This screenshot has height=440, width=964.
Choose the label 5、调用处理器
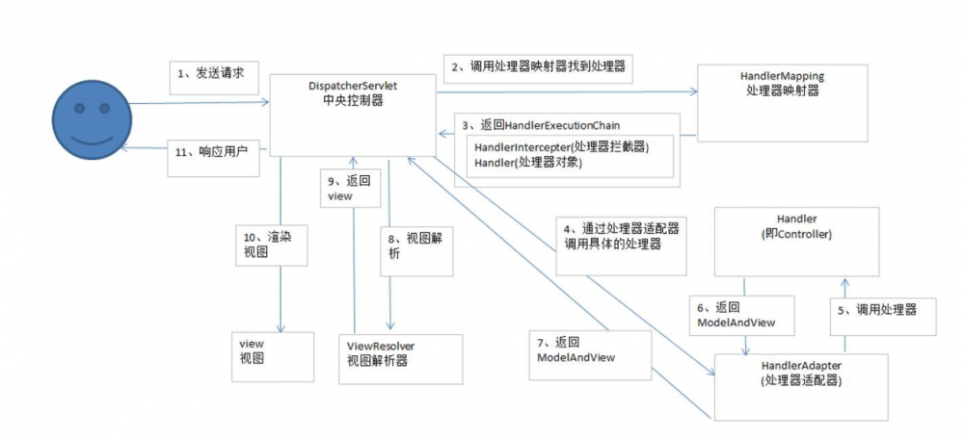click(x=883, y=311)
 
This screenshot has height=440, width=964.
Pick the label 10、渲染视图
click(x=271, y=245)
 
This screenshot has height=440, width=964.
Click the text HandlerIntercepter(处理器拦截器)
click(x=562, y=145)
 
